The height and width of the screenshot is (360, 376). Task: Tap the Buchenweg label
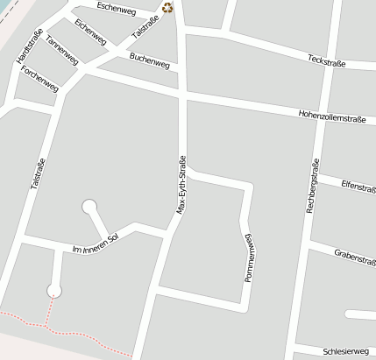(147, 61)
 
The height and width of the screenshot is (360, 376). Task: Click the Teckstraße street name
(327, 62)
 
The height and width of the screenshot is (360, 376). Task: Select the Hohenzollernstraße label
(331, 116)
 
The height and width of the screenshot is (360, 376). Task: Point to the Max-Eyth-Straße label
(181, 185)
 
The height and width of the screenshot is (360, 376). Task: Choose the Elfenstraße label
(358, 186)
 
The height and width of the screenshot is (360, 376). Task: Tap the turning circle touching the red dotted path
(54, 290)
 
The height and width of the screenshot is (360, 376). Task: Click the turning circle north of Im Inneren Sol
(89, 207)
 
